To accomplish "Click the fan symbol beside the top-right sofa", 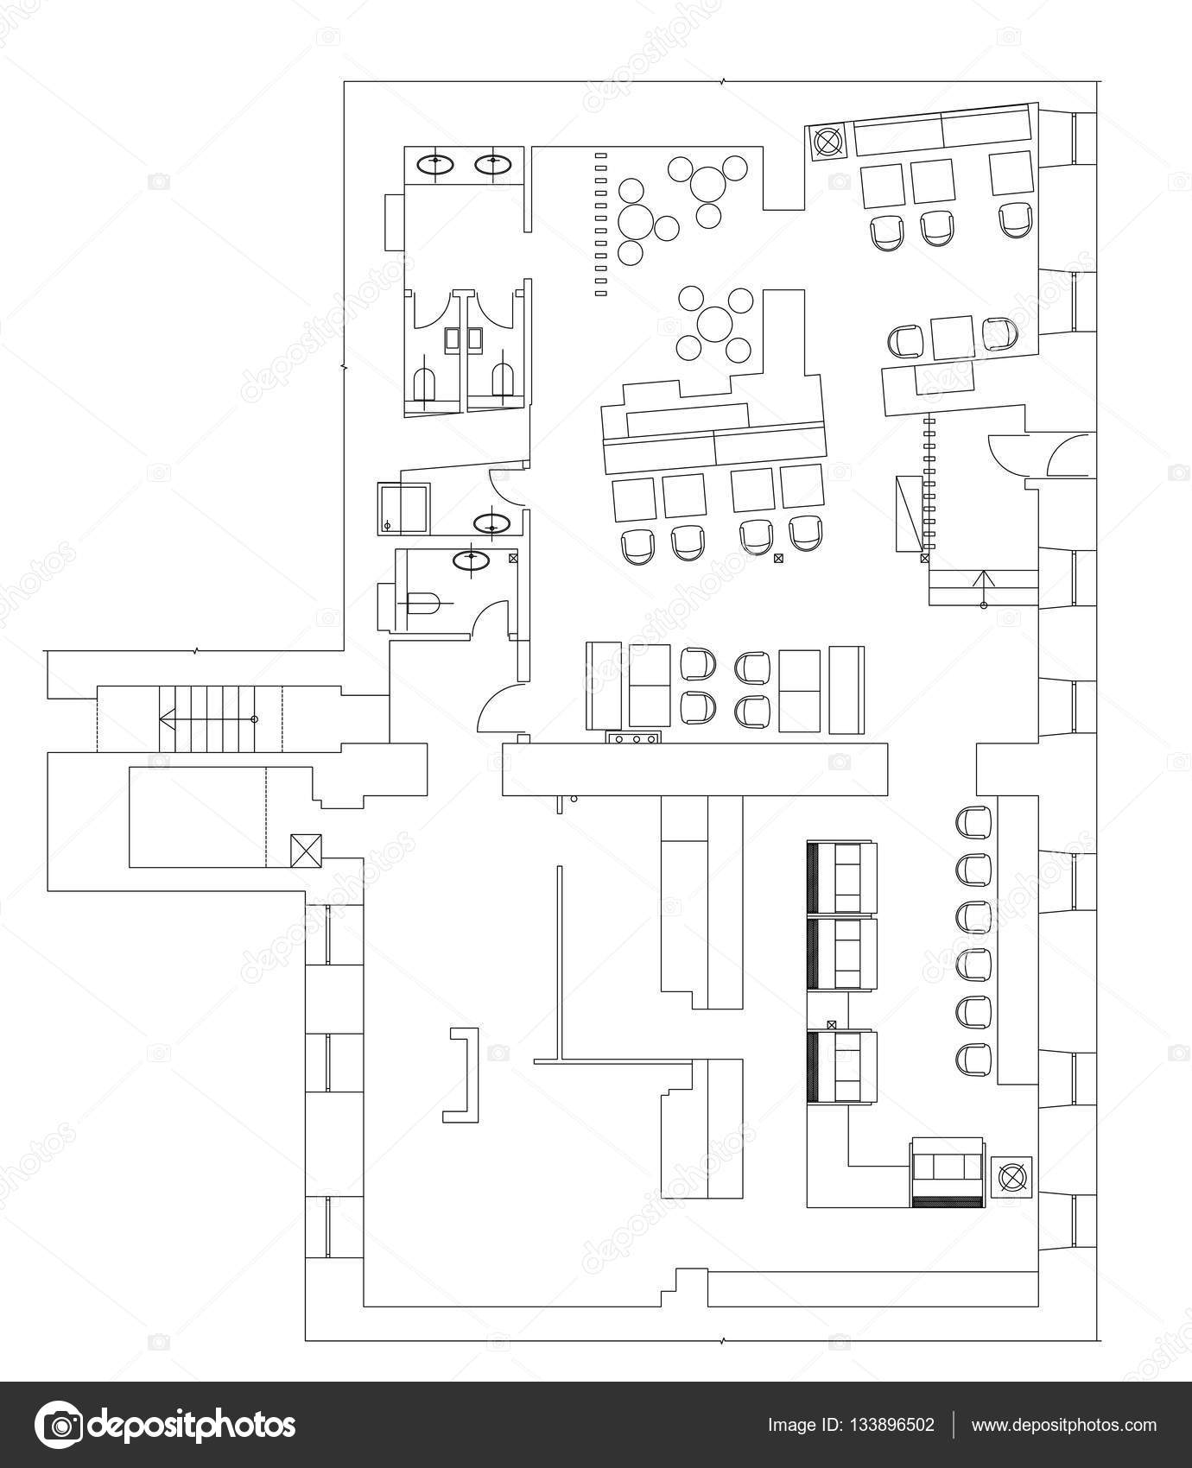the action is pyautogui.click(x=827, y=141).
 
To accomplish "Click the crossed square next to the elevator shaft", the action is pyautogui.click(x=306, y=850).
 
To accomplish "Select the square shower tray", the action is pyautogui.click(x=403, y=509).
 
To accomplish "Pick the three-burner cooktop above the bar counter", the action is pyautogui.click(x=635, y=738).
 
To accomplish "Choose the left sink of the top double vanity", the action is pyautogui.click(x=435, y=163).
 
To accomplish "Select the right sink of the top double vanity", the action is pyautogui.click(x=492, y=163).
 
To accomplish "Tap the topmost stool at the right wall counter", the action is pyautogui.click(x=974, y=821).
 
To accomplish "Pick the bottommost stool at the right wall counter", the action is pyautogui.click(x=974, y=1059).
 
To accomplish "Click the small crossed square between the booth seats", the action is pyautogui.click(x=831, y=1024).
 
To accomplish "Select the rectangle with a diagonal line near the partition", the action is pyautogui.click(x=909, y=514).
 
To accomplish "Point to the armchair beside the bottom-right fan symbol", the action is pyautogui.click(x=948, y=1172).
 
